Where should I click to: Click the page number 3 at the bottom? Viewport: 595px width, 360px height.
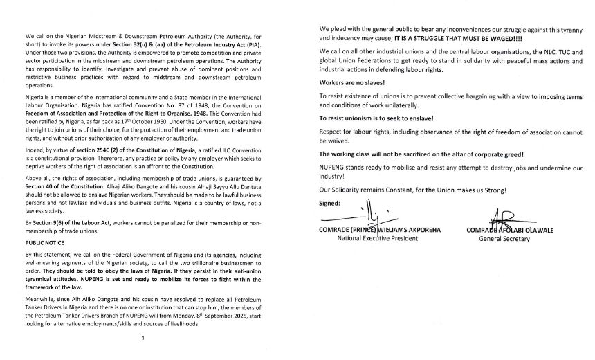[143, 337]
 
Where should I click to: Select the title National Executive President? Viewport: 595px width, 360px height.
[378, 239]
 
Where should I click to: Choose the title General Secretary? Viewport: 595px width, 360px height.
[504, 239]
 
